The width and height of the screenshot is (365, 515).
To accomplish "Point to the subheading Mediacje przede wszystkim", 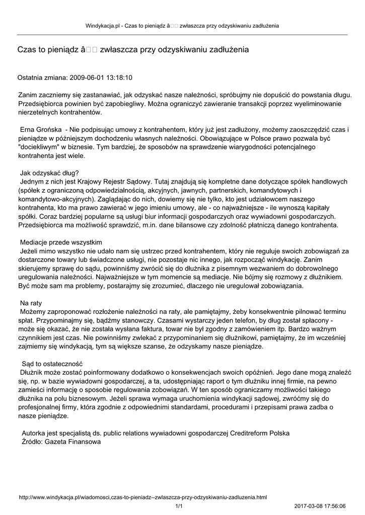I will [x=61, y=242].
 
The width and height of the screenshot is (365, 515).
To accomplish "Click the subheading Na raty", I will [x=31, y=303].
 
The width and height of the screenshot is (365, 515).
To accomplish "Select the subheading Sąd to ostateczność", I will [x=52, y=364].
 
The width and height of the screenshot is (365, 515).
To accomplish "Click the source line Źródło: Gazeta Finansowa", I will [x=59, y=442].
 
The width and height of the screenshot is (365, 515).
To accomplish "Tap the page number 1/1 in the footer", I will [x=179, y=506].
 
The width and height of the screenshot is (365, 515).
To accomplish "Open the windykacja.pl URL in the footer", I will [x=142, y=497].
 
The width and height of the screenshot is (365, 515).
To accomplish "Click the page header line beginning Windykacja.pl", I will [x=182, y=25].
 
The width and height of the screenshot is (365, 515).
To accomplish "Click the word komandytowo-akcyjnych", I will [x=54, y=199].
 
